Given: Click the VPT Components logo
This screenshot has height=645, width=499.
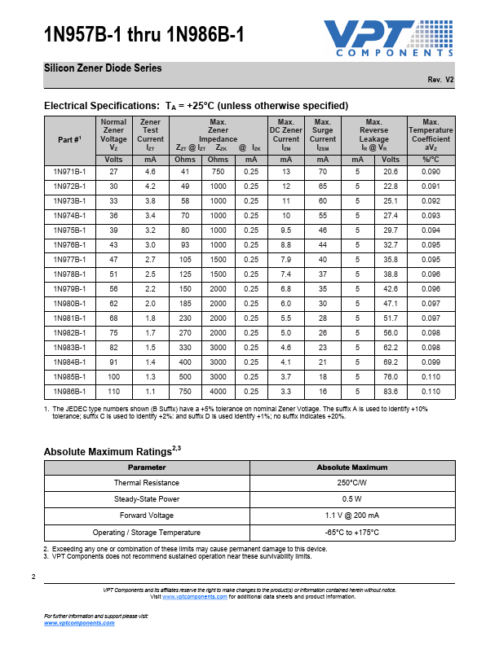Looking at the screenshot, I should pos(388,38).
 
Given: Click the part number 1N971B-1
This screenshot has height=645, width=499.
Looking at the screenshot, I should pos(69,172).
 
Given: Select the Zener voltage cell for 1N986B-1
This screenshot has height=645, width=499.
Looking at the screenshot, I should pos(113,392).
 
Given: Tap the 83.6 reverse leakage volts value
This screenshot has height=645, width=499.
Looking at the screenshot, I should pos(391,392).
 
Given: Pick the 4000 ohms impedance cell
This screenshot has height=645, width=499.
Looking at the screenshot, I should pos(219,392).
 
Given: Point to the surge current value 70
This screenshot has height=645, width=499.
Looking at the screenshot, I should pos(323,172).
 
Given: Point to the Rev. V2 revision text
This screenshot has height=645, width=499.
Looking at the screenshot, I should pos(440,80).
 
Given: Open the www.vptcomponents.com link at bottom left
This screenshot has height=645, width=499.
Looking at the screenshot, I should pos(78,622).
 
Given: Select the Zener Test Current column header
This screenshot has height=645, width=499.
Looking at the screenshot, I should pos(150,135).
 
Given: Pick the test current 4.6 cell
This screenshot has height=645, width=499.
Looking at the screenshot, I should pos(150,172).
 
